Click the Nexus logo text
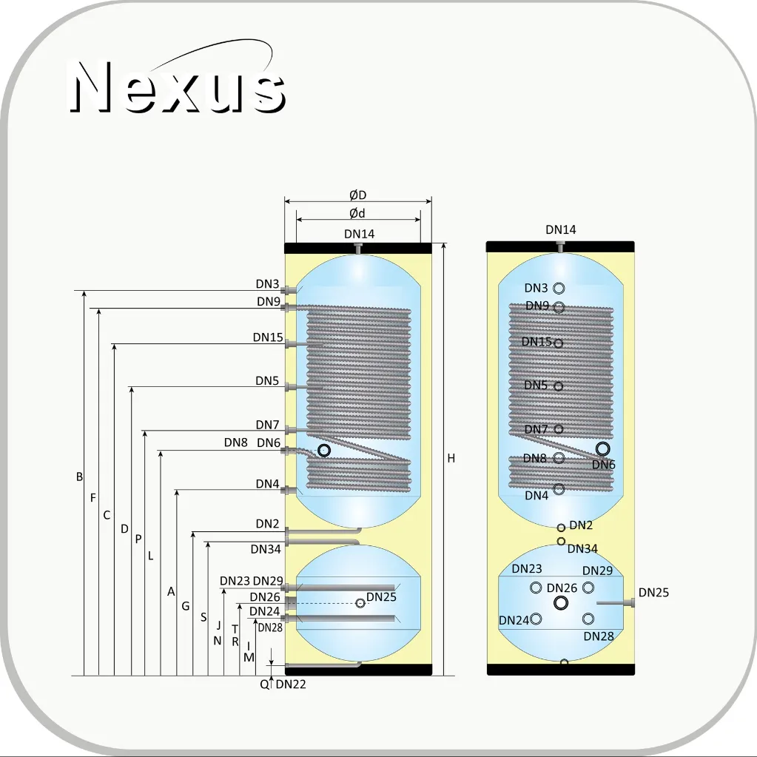pos(178,87)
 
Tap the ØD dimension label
pos(357,195)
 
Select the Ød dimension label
pos(357,213)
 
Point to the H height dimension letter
pos(451,458)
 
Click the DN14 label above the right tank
pos(560,230)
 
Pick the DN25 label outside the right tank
pos(653,593)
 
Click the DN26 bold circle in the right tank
pos(560,603)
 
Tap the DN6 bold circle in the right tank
pos(602,449)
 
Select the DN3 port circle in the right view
pos(559,288)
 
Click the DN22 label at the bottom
pos(291,684)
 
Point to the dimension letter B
pos(80,477)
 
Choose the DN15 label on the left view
pos(268,337)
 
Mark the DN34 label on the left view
pos(266,549)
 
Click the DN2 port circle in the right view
pos(561,528)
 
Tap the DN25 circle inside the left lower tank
pos(360,603)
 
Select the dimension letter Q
pos(265,684)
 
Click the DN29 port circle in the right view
pos(588,588)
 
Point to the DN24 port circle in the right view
pos(536,619)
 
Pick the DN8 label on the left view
pos(235,443)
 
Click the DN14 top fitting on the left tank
pos(357,248)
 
